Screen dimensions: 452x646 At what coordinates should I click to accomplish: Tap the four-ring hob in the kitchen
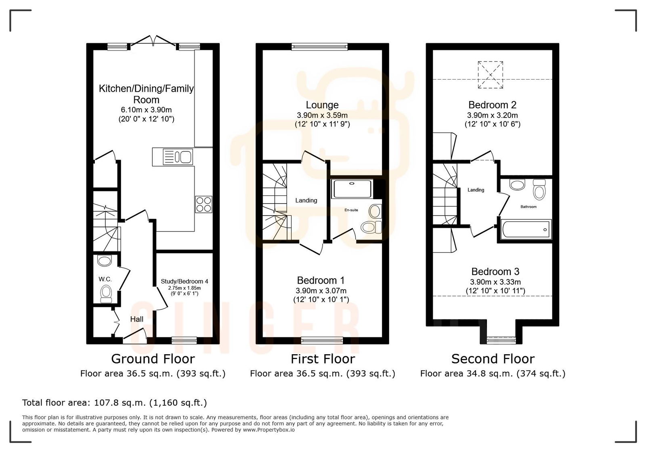(x=203, y=204)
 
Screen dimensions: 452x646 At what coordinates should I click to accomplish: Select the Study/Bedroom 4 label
(x=185, y=281)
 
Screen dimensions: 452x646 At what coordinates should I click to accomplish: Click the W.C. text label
(x=105, y=279)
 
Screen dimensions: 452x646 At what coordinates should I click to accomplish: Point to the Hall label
(x=137, y=319)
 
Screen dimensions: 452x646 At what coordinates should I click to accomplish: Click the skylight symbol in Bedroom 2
(x=490, y=75)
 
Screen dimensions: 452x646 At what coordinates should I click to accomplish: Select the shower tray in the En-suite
(x=351, y=189)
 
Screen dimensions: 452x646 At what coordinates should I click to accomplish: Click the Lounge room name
(x=322, y=105)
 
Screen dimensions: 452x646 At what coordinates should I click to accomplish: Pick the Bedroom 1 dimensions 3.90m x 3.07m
(x=321, y=290)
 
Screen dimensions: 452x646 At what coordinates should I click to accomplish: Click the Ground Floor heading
(x=153, y=359)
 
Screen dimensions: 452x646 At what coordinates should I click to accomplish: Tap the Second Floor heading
(x=493, y=359)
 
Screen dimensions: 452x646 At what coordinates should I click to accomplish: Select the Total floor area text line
(x=114, y=402)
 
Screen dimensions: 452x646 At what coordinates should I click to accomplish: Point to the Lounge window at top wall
(x=320, y=47)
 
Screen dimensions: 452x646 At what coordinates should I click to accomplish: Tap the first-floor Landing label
(x=306, y=200)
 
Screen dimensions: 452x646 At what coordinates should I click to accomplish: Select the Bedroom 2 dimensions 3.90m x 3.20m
(x=492, y=115)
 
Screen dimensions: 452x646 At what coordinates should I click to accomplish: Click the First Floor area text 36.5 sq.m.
(x=322, y=374)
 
